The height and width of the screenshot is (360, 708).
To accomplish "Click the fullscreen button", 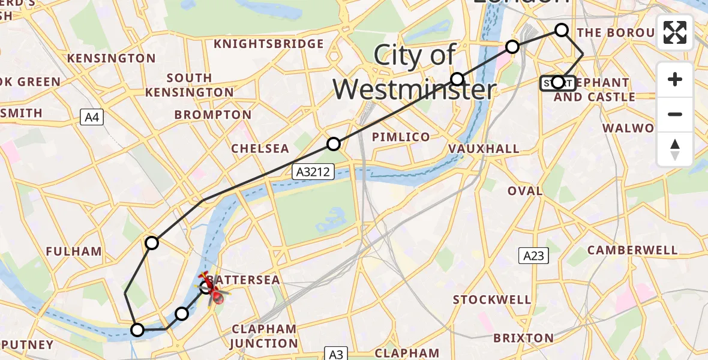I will pyautogui.click(x=675, y=32).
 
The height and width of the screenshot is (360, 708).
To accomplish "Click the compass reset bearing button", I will pyautogui.click(x=675, y=149).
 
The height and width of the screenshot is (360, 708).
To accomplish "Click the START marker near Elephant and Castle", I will pyautogui.click(x=558, y=83).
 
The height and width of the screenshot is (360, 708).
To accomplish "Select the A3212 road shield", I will pyautogui.click(x=313, y=172).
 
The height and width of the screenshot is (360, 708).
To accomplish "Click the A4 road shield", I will pyautogui.click(x=92, y=118).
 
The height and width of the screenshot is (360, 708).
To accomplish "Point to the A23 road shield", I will pyautogui.click(x=533, y=256).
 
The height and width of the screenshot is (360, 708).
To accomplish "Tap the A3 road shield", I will pyautogui.click(x=335, y=353).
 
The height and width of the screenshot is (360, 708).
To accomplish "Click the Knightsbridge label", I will pyautogui.click(x=268, y=44).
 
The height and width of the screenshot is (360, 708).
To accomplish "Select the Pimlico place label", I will pyautogui.click(x=401, y=137).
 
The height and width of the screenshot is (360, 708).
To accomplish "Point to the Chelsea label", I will pyautogui.click(x=260, y=148).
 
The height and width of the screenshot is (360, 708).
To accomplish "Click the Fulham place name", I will pyautogui.click(x=73, y=251).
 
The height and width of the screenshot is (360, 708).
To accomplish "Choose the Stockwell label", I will pyautogui.click(x=492, y=299).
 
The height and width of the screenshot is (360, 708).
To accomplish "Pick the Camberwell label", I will pyautogui.click(x=632, y=250).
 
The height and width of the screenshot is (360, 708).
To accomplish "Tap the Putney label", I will pyautogui.click(x=27, y=345).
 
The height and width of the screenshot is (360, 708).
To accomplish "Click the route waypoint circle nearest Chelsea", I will pyautogui.click(x=334, y=144).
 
